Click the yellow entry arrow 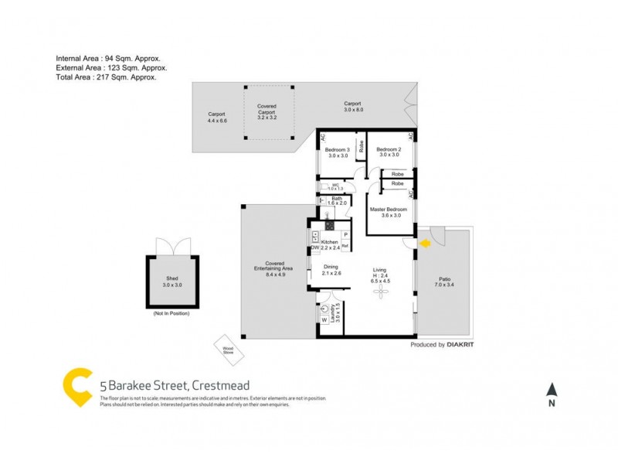click(x=424, y=244)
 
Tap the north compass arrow click(x=551, y=391)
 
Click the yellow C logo click(x=77, y=387)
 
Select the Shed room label click(x=171, y=282)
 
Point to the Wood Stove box click(x=229, y=350)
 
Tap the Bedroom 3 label click(x=338, y=152)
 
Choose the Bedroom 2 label click(x=389, y=152)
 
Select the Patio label click(x=444, y=281)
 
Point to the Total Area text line click(x=107, y=77)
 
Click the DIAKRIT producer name click(x=466, y=345)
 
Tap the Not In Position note click(x=171, y=312)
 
